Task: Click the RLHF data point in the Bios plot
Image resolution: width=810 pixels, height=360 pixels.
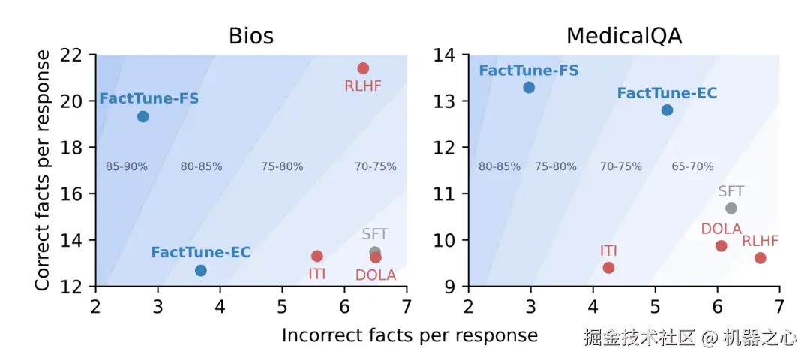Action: [x=363, y=68]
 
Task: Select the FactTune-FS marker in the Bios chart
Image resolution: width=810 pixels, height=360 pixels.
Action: [x=142, y=116]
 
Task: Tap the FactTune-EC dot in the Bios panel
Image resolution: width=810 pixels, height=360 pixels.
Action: [x=200, y=270]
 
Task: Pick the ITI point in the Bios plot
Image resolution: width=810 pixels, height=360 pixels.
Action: [x=317, y=256]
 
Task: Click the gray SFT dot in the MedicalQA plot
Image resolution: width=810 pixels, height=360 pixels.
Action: [x=731, y=208]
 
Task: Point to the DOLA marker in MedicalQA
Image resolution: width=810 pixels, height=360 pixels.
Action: [x=721, y=245]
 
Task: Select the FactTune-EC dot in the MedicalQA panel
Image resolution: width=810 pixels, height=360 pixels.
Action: [x=667, y=110]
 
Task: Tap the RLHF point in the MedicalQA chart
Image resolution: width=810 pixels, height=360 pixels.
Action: [x=760, y=257]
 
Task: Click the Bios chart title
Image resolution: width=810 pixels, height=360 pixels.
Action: [x=250, y=36]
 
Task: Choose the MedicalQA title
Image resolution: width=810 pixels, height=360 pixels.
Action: [x=624, y=36]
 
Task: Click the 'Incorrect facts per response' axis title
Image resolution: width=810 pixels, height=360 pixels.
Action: [x=409, y=335]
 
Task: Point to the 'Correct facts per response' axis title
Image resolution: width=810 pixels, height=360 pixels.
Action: [x=43, y=170]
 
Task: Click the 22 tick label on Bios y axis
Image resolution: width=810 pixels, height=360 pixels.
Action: [x=75, y=55]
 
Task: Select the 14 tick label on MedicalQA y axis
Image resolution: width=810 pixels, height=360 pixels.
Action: [x=448, y=55]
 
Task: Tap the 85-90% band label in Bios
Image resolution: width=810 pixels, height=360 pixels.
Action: [x=127, y=166]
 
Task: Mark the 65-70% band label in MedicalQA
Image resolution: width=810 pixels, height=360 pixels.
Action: [x=692, y=166]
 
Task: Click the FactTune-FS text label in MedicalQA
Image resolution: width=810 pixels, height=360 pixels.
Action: [x=529, y=70]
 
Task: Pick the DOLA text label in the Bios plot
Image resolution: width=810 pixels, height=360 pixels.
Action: [x=376, y=274]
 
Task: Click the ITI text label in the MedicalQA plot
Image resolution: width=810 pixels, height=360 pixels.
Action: [x=607, y=250]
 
